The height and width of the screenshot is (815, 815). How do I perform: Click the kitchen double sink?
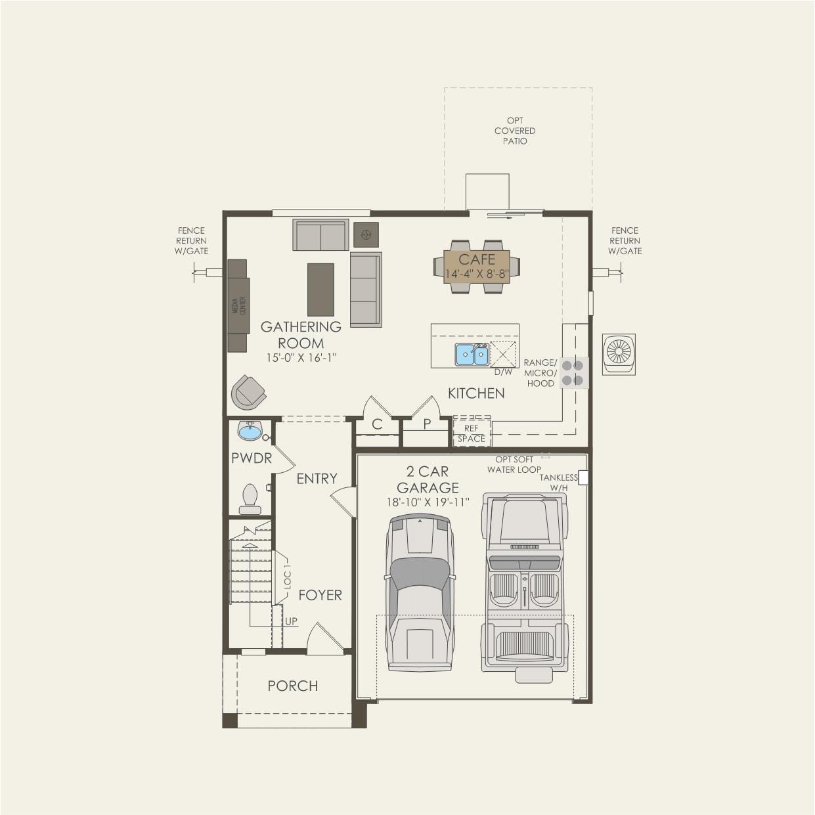coord(472,355)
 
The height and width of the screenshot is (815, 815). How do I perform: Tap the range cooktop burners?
coord(573,373)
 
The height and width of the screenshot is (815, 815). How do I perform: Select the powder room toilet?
coord(250,499)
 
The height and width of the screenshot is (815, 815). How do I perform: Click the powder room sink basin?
coord(250,431)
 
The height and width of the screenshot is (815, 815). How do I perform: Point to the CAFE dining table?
coord(477,266)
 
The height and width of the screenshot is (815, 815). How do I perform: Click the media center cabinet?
coord(238,305)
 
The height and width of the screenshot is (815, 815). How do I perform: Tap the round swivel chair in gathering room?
coord(248,392)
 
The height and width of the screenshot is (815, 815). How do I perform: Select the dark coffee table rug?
coord(320,290)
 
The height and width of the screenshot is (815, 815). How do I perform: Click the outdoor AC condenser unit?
coord(619,354)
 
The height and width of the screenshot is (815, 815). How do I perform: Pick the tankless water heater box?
coord(583,478)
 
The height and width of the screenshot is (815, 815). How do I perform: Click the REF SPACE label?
coord(472,433)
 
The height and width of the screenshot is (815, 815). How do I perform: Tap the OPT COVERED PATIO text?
coord(515,131)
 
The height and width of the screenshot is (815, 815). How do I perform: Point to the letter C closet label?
coord(377,424)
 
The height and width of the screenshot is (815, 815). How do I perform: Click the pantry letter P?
coord(427,424)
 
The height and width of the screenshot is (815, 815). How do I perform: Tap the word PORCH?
coord(293,686)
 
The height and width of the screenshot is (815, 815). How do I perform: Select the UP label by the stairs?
coord(291,621)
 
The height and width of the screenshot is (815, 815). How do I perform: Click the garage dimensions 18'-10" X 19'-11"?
coord(428,502)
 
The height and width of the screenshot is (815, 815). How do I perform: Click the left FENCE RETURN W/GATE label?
coord(191,241)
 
